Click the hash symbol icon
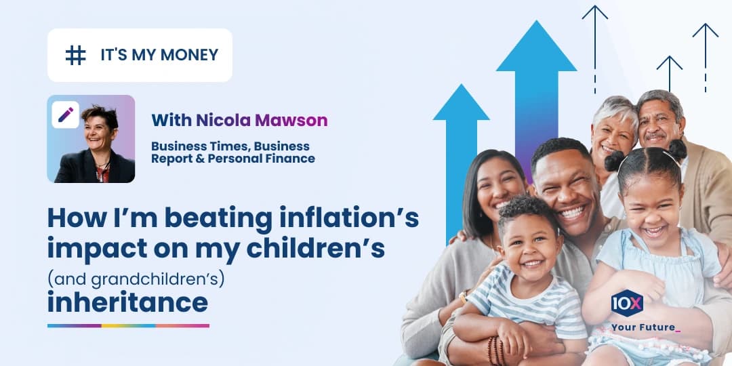[x=75, y=55]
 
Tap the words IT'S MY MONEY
[x=159, y=55]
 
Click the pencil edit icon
[x=66, y=115]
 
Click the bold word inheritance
[x=127, y=302]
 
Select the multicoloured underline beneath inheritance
[x=128, y=325]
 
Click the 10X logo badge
[x=627, y=303]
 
